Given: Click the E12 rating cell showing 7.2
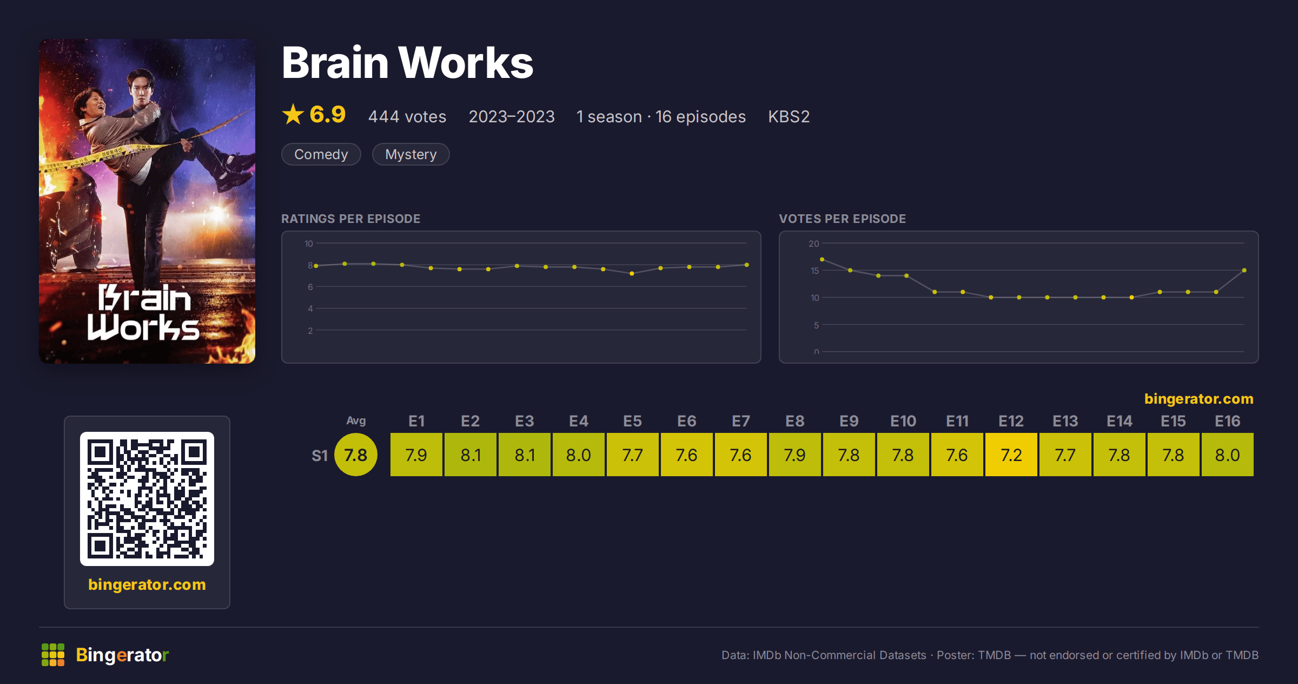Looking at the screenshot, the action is tap(1011, 455).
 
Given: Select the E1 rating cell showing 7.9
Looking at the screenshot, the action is tap(416, 455).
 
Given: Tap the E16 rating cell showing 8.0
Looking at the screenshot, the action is tap(1227, 455).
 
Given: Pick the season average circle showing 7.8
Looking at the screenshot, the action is tap(356, 455).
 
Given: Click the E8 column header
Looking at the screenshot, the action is tap(794, 421).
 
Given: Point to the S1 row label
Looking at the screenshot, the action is tap(320, 456).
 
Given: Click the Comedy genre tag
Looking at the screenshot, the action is tap(321, 154).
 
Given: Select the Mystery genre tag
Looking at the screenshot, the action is tap(411, 154).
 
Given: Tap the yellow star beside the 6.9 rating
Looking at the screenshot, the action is tap(293, 114).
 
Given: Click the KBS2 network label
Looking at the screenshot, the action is tap(789, 116).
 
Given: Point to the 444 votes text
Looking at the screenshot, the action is tap(407, 116).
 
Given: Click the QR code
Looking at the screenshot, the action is tap(147, 499).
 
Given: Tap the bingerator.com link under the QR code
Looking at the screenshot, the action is tap(147, 584).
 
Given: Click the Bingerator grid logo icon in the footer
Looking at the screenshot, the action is tap(53, 655).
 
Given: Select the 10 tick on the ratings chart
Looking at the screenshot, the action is tap(309, 244).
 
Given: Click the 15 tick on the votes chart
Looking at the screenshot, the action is tap(814, 271).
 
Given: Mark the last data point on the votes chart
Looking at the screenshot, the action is tap(1244, 270).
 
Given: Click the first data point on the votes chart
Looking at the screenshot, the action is tap(822, 259).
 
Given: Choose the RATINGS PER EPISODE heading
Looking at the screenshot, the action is tap(351, 219).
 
